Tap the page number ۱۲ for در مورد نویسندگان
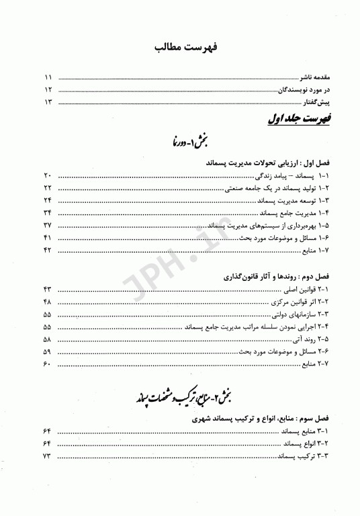48,90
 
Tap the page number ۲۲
48,187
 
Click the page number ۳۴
48,213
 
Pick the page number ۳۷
48,225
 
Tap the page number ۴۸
48,301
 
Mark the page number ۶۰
47,364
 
